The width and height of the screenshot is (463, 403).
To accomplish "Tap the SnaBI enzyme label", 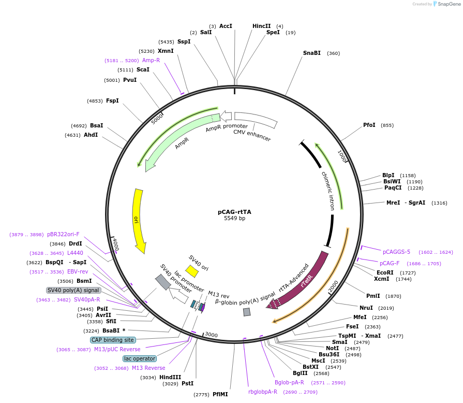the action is [x=312, y=53].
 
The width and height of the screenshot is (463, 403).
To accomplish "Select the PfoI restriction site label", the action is [x=369, y=125].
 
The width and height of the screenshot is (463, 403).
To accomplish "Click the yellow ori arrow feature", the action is [x=139, y=220].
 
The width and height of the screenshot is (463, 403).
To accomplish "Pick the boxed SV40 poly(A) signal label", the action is [x=73, y=290].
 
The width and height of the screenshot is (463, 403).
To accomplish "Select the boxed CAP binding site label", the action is [x=113, y=340].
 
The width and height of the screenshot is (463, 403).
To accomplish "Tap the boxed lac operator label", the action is [x=140, y=358].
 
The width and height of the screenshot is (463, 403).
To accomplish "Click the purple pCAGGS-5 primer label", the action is [x=396, y=252].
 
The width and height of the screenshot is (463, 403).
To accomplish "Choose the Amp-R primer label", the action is [x=151, y=60].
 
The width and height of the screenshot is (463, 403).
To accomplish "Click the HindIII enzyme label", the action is [x=170, y=377].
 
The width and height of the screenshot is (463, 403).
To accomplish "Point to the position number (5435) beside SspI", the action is [x=166, y=41].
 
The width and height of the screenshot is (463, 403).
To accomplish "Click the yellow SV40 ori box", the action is [x=192, y=271].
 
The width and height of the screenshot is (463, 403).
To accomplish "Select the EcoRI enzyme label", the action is [x=385, y=272].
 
